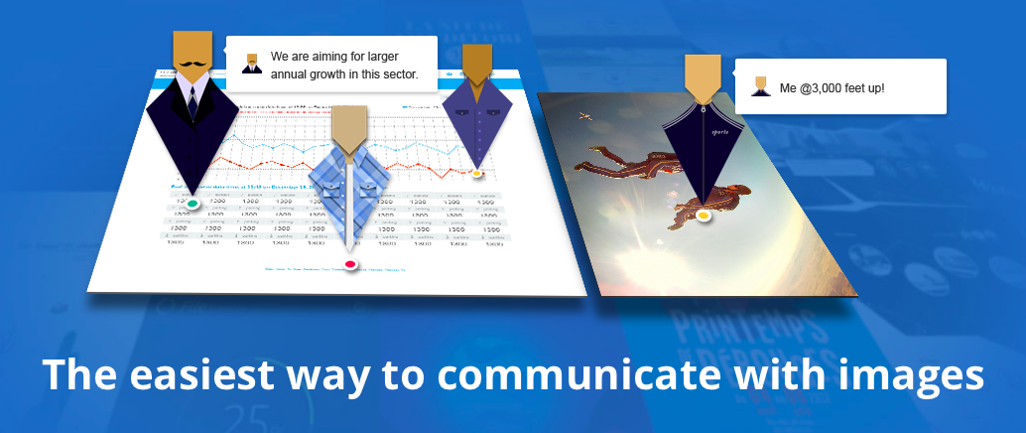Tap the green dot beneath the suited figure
click(x=192, y=205)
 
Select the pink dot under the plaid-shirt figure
click(x=349, y=264)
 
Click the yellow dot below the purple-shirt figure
click(x=476, y=174)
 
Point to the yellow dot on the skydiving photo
click(x=703, y=215)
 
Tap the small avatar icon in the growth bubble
click(x=252, y=64)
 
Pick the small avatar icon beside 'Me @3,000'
click(x=761, y=86)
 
